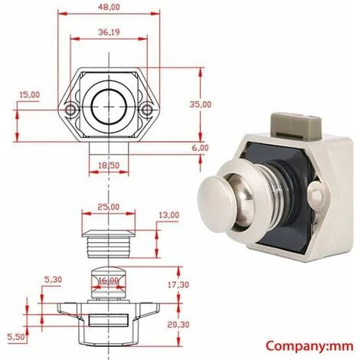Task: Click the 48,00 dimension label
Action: pyautogui.click(x=109, y=7)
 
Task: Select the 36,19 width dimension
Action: pyautogui.click(x=109, y=32)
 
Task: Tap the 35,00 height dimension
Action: pyautogui.click(x=201, y=104)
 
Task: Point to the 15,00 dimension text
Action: pyautogui.click(x=30, y=95)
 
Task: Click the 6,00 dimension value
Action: pyautogui.click(x=201, y=148)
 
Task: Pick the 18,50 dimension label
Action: pyautogui.click(x=109, y=165)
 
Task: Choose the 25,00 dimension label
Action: pyautogui.click(x=109, y=207)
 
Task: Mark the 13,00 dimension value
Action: pyautogui.click(x=169, y=215)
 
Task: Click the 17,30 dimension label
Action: pyautogui.click(x=178, y=284)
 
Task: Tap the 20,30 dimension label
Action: pyautogui.click(x=178, y=325)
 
